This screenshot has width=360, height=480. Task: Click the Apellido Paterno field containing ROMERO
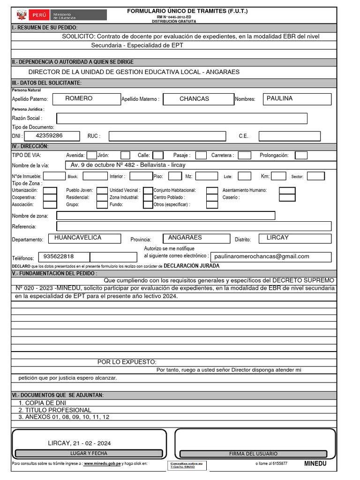[x=86, y=99]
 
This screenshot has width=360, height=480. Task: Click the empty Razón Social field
[x=182, y=118]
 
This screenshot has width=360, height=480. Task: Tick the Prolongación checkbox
[x=301, y=155]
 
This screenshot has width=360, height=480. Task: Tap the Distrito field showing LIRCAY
[x=295, y=238]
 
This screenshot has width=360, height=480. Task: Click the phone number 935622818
[x=59, y=257]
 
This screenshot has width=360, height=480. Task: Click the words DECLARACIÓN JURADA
[x=191, y=266]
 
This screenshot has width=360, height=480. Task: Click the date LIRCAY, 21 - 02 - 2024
[x=80, y=443]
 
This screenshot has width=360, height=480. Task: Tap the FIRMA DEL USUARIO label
[x=253, y=454]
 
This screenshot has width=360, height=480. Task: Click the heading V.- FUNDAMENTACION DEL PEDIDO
[x=55, y=273]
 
